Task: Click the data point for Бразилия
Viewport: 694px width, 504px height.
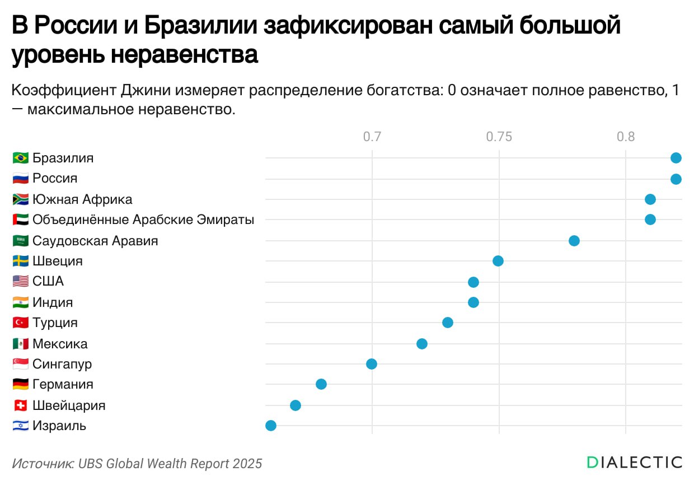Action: [676, 158]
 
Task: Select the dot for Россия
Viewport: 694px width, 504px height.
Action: [676, 179]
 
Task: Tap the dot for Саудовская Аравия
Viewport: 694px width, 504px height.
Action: [574, 241]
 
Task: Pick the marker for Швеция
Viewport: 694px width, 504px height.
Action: [498, 261]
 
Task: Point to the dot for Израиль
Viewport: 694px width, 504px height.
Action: [271, 426]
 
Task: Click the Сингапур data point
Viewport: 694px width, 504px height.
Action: [372, 364]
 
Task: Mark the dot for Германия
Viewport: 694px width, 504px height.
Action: [321, 384]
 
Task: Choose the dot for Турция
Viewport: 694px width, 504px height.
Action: [448, 323]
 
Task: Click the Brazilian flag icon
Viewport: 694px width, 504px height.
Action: [20, 158]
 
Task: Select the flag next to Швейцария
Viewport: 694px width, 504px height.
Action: [20, 405]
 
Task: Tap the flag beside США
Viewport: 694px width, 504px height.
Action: [20, 281]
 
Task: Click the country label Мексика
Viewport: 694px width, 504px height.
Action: [60, 344]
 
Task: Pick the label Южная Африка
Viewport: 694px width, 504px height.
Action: [82, 199]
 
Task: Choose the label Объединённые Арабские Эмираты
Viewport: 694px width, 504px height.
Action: [143, 220]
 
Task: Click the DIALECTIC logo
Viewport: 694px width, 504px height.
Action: [634, 462]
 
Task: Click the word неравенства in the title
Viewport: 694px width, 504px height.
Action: [185, 55]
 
